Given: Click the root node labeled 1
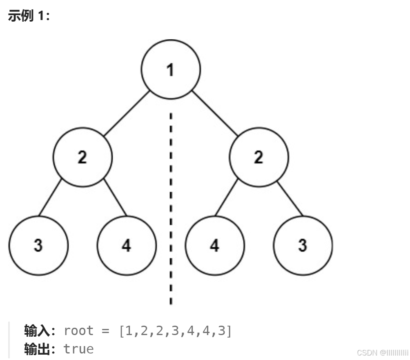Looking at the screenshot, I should (x=171, y=69).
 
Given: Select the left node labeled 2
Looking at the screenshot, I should (x=82, y=157).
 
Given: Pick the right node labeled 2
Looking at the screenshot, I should (x=259, y=157).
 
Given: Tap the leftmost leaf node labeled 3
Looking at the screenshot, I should (x=38, y=246).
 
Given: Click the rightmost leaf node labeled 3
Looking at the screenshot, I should (x=303, y=246).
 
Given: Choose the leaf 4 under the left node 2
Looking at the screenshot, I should (x=127, y=246).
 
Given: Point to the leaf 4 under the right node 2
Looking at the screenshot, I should (x=215, y=246).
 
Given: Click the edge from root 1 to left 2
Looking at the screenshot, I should (x=127, y=114).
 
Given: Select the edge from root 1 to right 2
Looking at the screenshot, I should (x=215, y=114).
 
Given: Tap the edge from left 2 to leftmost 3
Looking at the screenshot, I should (x=50, y=197).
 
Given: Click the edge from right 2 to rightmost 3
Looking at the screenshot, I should (x=290, y=197).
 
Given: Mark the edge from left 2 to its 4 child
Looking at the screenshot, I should (x=115, y=197).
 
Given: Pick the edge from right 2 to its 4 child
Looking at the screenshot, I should (x=226, y=197).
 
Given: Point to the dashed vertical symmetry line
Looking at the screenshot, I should (x=171, y=204).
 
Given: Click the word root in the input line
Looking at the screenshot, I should (x=79, y=331).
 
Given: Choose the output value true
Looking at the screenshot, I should (x=79, y=349).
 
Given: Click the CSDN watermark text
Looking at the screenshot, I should (x=382, y=353).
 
